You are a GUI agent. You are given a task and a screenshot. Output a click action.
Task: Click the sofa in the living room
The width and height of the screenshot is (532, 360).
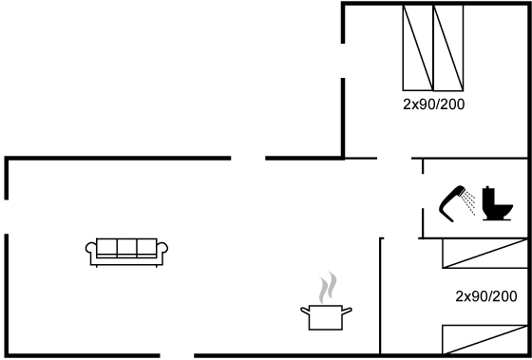pos(127,251)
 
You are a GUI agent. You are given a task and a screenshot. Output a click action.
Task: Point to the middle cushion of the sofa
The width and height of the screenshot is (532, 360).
pos(127,249)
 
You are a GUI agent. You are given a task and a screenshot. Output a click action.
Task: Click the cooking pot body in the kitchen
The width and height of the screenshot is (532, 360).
pos(326,317)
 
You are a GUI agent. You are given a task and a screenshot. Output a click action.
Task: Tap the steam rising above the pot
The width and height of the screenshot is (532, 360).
pos(327,286)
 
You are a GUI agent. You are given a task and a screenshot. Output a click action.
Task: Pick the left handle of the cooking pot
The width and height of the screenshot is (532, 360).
pos(304,309)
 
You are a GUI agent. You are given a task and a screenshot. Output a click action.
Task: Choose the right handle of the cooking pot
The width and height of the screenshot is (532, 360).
pos(349,309)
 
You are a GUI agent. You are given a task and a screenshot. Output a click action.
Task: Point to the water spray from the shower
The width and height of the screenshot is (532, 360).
pos(469,202)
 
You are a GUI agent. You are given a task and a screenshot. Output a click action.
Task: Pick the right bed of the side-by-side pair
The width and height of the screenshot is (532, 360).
pos(448,47)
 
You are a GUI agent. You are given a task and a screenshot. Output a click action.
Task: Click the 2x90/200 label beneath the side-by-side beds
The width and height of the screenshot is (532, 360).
pos(433,104)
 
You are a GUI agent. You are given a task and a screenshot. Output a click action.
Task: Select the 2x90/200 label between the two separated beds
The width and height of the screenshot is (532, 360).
pos(485,296)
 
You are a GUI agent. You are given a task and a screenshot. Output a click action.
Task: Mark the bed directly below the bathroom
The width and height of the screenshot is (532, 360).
pos(483,253)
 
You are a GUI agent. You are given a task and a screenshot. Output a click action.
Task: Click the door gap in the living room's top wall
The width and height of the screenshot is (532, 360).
pos(248,158)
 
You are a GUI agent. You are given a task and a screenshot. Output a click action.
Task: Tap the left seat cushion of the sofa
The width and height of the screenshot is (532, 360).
pos(105,249)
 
